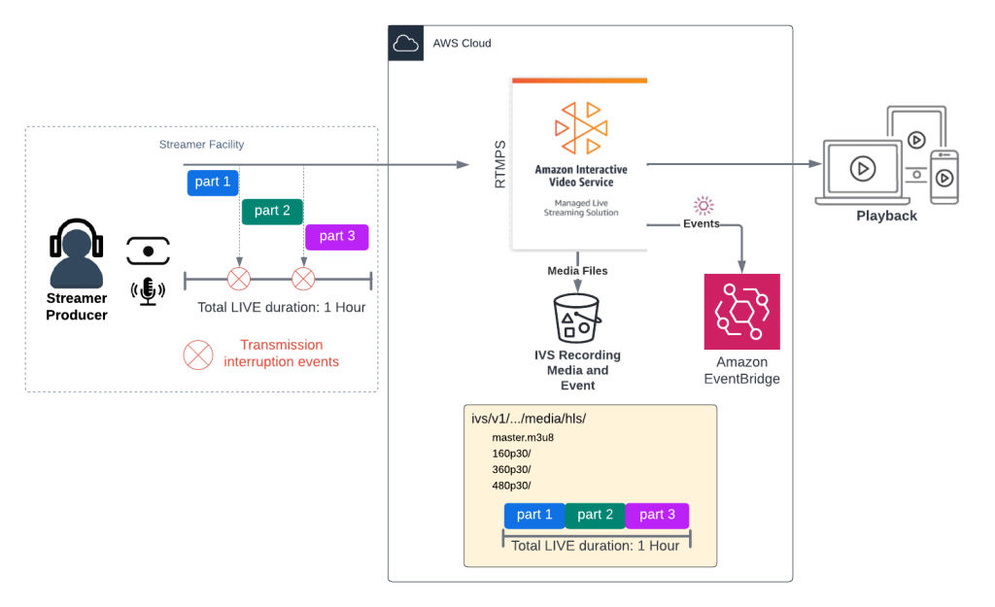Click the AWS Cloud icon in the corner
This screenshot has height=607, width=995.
click(x=405, y=44)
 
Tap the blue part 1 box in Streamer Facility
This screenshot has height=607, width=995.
click(x=214, y=183)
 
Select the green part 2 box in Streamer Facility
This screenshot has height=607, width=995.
click(x=272, y=211)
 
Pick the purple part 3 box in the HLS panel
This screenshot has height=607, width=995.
click(x=657, y=515)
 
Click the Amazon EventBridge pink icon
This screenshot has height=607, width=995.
click(x=741, y=312)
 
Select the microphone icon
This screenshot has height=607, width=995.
click(x=148, y=290)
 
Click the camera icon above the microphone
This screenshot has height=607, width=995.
click(x=148, y=251)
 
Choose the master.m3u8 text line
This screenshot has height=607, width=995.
click(x=523, y=437)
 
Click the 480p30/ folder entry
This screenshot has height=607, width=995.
click(x=511, y=486)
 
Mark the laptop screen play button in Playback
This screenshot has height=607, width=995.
click(x=861, y=169)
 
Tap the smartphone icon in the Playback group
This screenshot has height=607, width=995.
click(x=944, y=177)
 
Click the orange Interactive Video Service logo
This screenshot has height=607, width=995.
click(x=580, y=123)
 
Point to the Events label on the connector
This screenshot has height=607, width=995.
click(x=701, y=223)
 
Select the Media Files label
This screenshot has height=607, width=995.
click(x=577, y=271)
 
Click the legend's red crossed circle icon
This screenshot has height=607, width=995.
click(x=198, y=354)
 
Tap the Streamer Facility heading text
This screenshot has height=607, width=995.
click(x=201, y=145)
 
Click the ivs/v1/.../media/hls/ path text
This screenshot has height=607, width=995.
click(x=528, y=419)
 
